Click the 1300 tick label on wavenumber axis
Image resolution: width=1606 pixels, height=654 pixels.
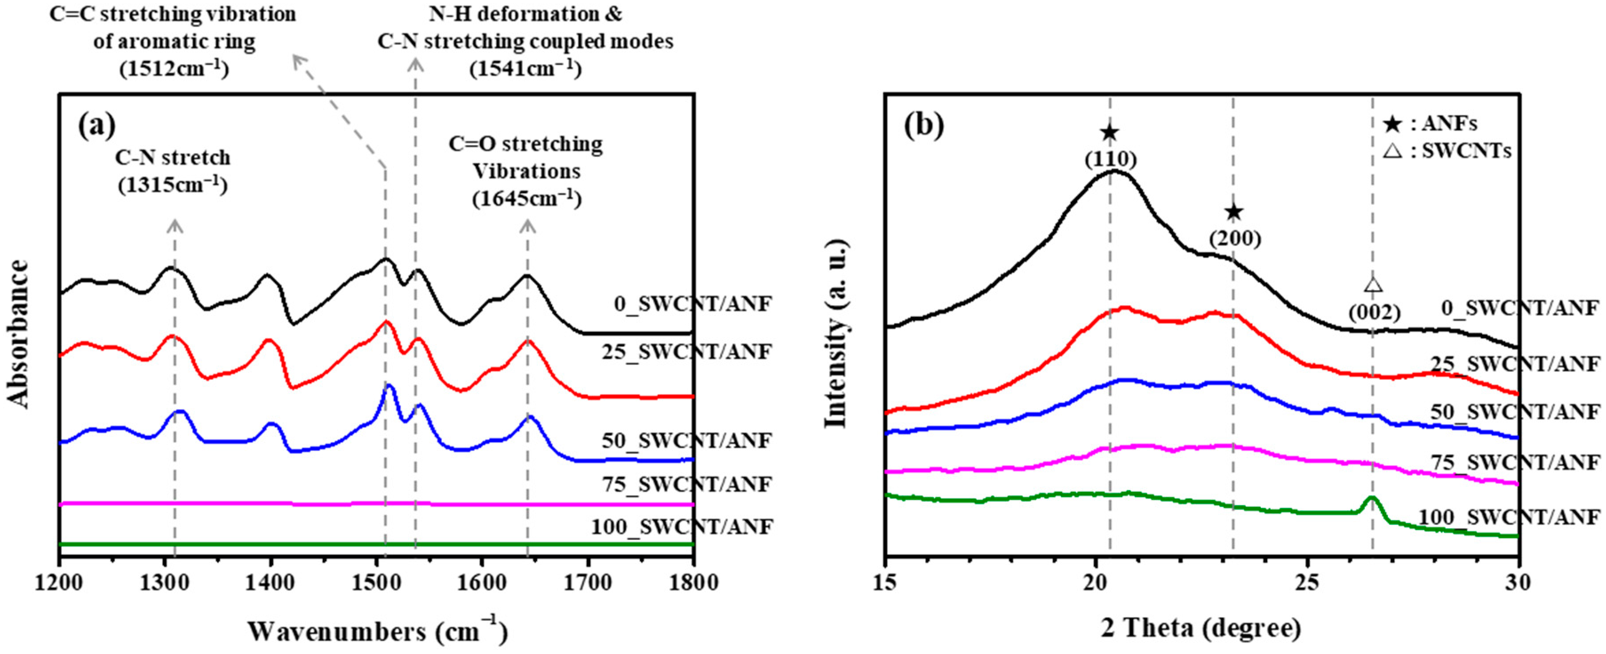pos(164,583)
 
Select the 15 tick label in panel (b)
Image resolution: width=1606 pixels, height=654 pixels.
pos(885,583)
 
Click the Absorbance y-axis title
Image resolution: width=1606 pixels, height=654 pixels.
pos(20,335)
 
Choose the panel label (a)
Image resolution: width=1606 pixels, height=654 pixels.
pos(97,127)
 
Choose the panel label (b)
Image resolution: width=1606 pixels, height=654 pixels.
pos(923,127)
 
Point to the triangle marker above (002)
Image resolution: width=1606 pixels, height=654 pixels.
pos(1373,285)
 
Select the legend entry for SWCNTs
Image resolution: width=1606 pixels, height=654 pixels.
pos(1447,151)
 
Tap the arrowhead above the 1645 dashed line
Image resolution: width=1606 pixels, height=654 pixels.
pos(528,224)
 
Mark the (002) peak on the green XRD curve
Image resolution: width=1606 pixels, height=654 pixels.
pos(1370,499)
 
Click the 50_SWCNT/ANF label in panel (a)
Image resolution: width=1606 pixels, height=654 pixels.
pos(686,440)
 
